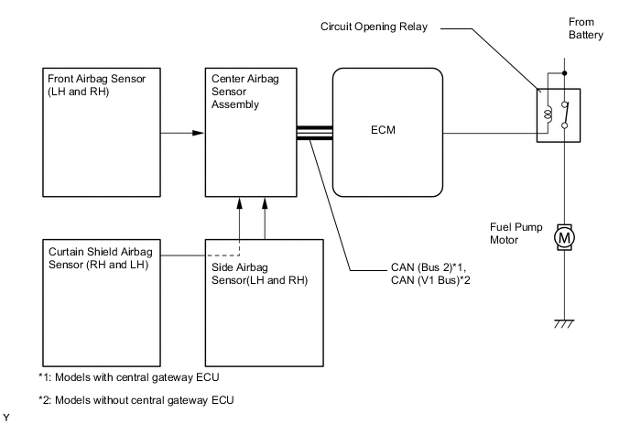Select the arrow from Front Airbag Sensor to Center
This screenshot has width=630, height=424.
(x=184, y=135)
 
